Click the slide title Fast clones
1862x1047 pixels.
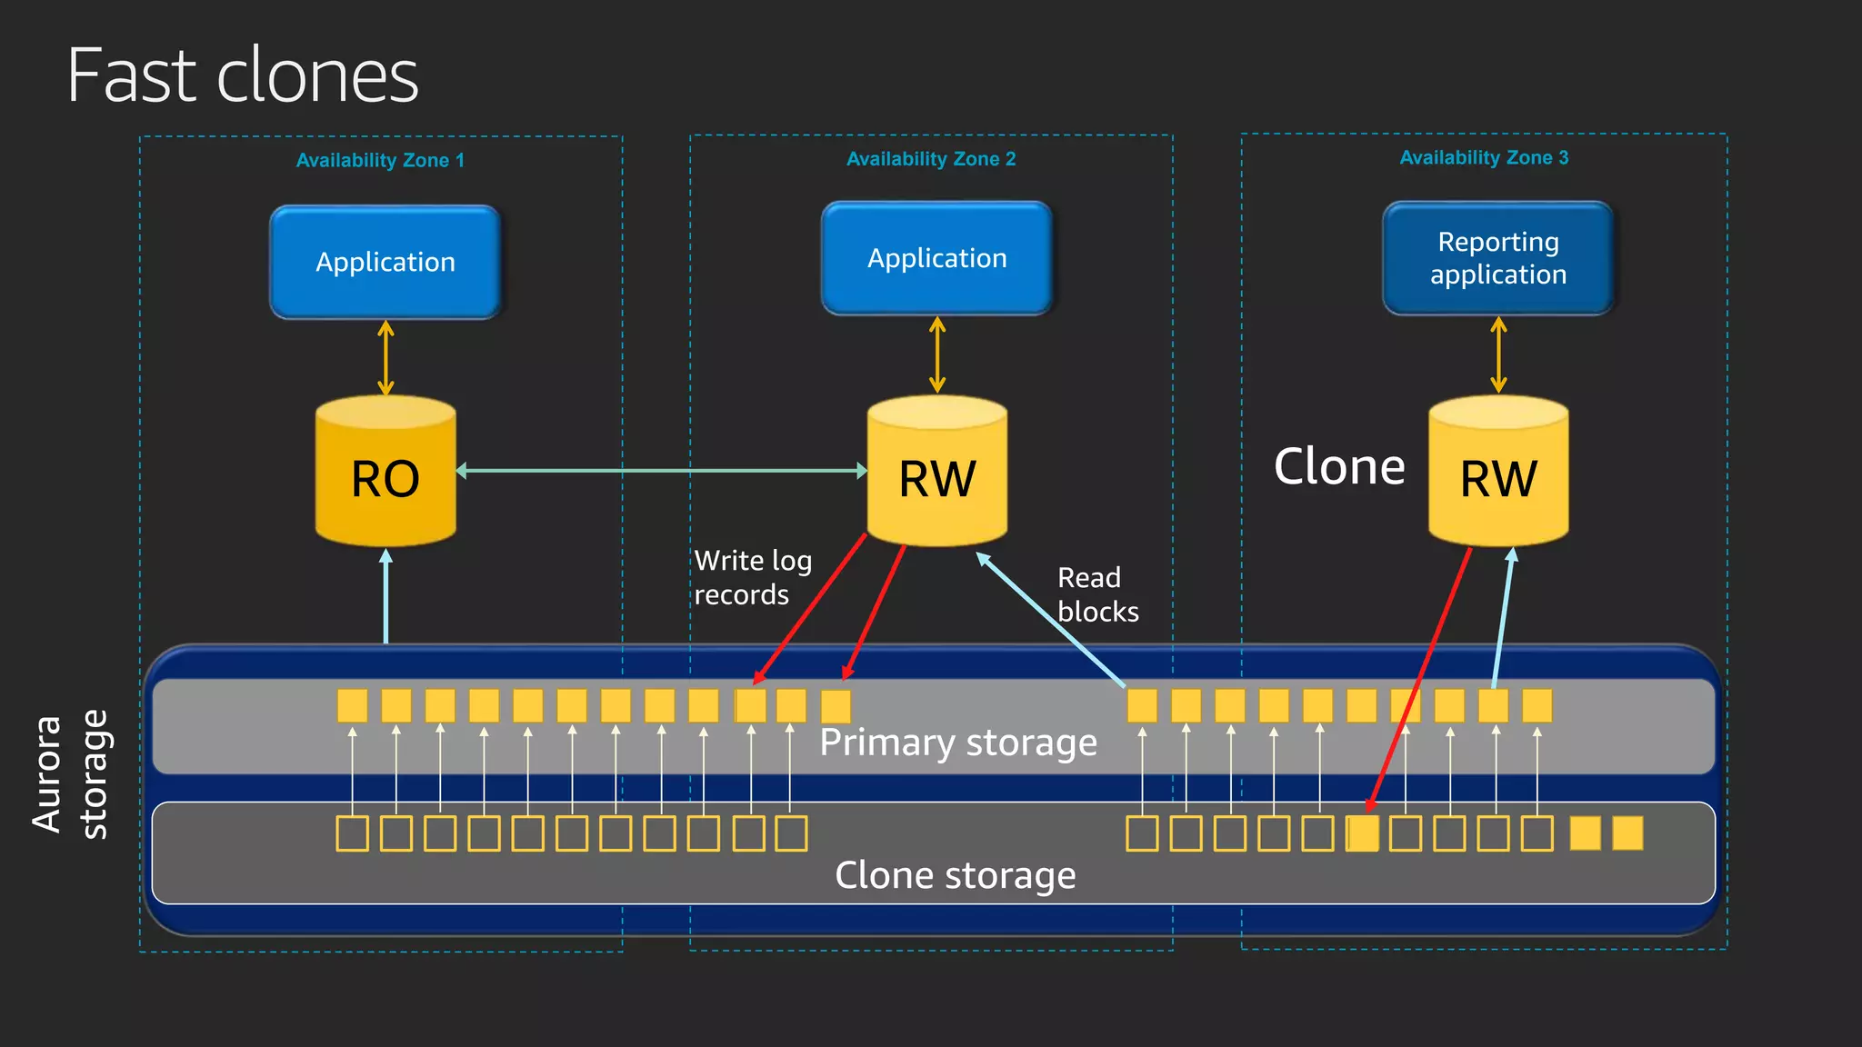(243, 75)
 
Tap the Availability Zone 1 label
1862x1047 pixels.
(380, 161)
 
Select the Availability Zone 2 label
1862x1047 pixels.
(931, 159)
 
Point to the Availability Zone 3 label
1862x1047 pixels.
(1484, 158)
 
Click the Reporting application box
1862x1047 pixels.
(1497, 259)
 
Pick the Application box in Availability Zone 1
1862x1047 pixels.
(385, 263)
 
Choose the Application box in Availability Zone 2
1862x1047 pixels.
(936, 259)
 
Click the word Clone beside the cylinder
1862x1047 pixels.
(1339, 467)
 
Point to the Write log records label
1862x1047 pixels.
(753, 577)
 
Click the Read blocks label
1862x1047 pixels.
(1097, 594)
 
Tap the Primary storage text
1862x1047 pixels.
(957, 743)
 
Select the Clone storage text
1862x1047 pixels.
(955, 875)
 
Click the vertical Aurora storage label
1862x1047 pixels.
(70, 774)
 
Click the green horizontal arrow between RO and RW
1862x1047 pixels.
(661, 471)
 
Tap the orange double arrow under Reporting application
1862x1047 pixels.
(1498, 354)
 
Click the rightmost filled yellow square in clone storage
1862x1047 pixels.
(1627, 833)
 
